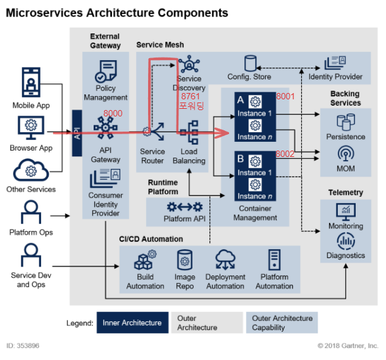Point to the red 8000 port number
[x=112, y=113]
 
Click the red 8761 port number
[x=190, y=96]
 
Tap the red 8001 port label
[x=285, y=96]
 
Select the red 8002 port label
[x=285, y=154]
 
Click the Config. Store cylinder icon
[x=251, y=63]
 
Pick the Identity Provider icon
[x=335, y=63]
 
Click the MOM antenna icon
[x=346, y=155]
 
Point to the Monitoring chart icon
[x=346, y=211]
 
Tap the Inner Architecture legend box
[x=132, y=323]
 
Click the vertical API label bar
[x=77, y=133]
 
